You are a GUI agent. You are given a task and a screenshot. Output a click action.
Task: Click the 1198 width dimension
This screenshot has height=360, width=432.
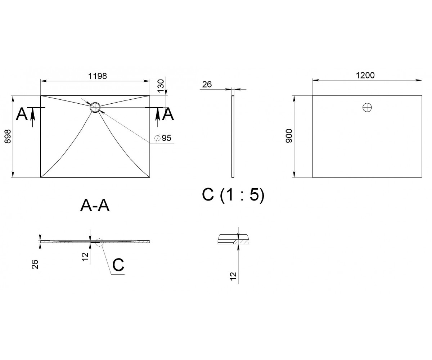coord(98,76)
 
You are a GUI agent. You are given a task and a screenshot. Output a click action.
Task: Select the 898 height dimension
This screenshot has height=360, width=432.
coord(8,136)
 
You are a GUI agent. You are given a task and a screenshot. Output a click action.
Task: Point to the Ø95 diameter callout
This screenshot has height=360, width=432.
coord(163,138)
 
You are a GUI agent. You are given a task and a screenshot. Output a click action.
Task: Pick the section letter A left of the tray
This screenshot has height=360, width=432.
coord(22,114)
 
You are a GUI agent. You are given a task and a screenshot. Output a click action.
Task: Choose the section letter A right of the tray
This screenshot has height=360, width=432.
coord(168,114)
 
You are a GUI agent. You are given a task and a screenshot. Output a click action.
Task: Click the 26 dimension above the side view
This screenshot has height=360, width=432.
coord(207,84)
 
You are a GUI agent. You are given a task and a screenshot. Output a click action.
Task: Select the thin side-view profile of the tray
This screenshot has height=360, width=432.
coord(233,136)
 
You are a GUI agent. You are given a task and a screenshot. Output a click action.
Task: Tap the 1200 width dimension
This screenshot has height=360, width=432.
coord(365,75)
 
